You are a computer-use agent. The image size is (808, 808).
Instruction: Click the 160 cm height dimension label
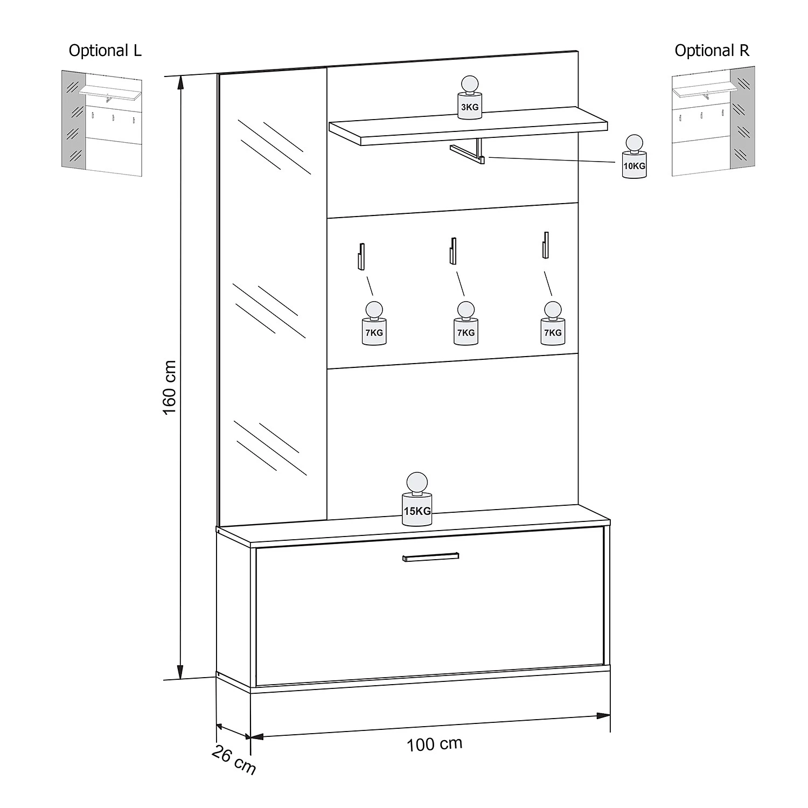(169, 387)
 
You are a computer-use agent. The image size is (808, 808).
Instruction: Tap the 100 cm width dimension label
(434, 744)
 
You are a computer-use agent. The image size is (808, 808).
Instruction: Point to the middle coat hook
(453, 250)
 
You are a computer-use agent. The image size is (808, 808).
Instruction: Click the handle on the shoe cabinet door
(430, 556)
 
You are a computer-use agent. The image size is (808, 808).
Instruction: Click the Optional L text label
(105, 51)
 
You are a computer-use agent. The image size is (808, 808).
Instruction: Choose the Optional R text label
(712, 51)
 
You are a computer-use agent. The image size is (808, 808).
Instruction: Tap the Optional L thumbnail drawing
(101, 123)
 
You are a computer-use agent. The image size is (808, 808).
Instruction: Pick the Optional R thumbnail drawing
(714, 121)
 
